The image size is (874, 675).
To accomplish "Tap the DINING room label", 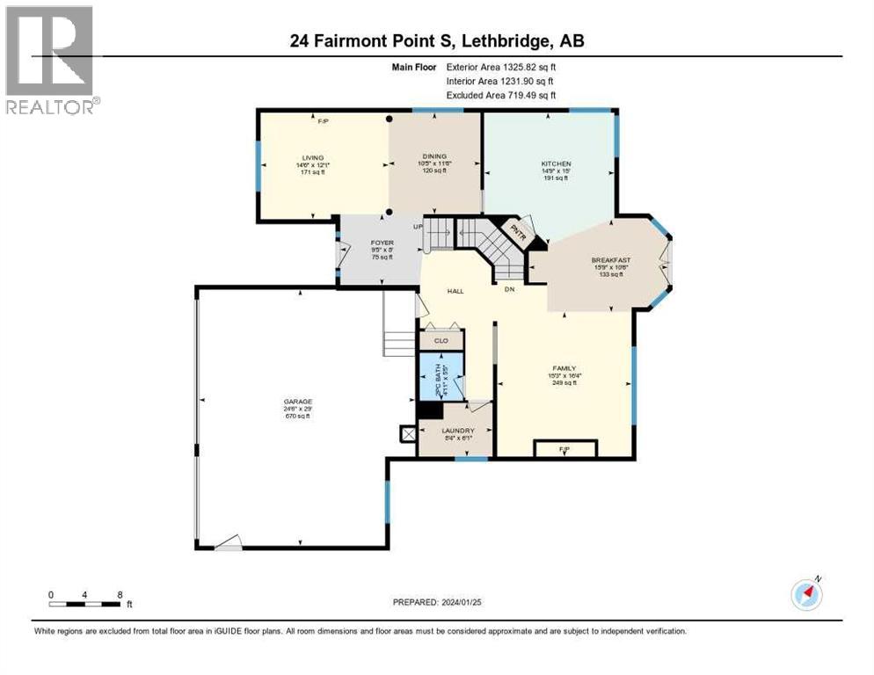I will [x=433, y=156].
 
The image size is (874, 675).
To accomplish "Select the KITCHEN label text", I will [x=556, y=164].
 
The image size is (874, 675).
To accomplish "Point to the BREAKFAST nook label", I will [x=610, y=260].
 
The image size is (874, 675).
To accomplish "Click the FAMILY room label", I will [x=564, y=369].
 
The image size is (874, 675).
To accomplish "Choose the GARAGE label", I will [x=297, y=401].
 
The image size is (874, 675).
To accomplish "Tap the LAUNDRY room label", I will [x=458, y=431].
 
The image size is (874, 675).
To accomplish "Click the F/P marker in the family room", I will [x=565, y=449].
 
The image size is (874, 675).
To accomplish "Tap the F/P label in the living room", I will [x=322, y=122].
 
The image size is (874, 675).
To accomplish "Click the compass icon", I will [x=805, y=594].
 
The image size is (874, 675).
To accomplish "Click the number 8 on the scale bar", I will [x=119, y=595].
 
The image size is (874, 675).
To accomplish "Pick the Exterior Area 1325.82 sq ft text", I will [x=501, y=67].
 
